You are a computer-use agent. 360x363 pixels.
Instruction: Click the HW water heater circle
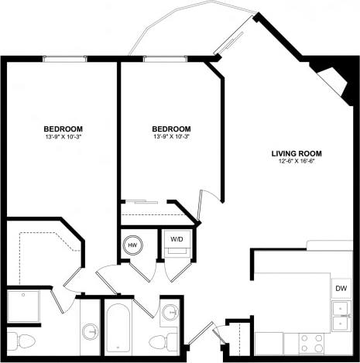(132, 244)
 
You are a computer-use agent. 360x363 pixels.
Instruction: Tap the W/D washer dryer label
(177, 239)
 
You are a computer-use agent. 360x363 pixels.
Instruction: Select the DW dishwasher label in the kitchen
(341, 289)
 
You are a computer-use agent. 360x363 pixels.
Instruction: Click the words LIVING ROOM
(296, 152)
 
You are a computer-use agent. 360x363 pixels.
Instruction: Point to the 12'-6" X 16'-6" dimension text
(296, 163)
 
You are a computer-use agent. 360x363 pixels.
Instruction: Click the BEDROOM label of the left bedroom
(63, 128)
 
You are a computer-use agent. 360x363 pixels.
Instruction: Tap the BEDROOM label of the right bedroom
(171, 128)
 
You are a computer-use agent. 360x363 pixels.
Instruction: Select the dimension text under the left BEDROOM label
(63, 138)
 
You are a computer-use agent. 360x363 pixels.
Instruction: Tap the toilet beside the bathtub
(159, 341)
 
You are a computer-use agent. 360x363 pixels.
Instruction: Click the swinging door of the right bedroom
(204, 206)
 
